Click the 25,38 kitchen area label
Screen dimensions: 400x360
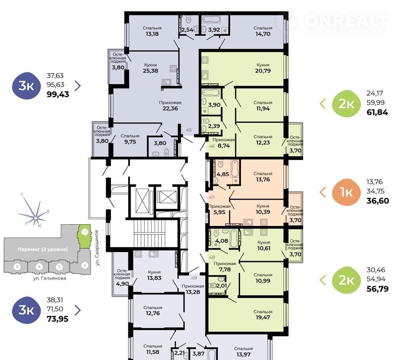tap(150, 71)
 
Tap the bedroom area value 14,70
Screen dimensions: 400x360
tap(263, 34)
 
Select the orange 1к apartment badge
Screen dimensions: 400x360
tap(346, 192)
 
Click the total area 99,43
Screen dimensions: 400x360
tap(58, 95)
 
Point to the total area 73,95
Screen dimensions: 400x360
tap(58, 319)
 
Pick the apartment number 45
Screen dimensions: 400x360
tap(189, 130)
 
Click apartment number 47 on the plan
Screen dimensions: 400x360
tap(212, 197)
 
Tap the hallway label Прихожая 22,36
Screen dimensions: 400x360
tap(170, 106)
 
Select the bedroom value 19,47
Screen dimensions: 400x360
tap(263, 317)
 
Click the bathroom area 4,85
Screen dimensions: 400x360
tap(223, 174)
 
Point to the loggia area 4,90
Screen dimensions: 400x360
tap(122, 284)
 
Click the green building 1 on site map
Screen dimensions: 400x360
tap(84, 236)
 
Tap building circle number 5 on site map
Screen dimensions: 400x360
tap(17, 267)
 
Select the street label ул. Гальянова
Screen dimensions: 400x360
tap(50, 278)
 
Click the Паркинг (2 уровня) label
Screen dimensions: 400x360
tap(43, 249)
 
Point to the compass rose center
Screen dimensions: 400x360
tap(36, 218)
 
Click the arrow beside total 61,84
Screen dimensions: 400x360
tap(323, 103)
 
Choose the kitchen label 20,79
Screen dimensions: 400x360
tap(263, 71)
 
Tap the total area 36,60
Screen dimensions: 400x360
tap(377, 201)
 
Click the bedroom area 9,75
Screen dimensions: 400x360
tap(130, 142)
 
